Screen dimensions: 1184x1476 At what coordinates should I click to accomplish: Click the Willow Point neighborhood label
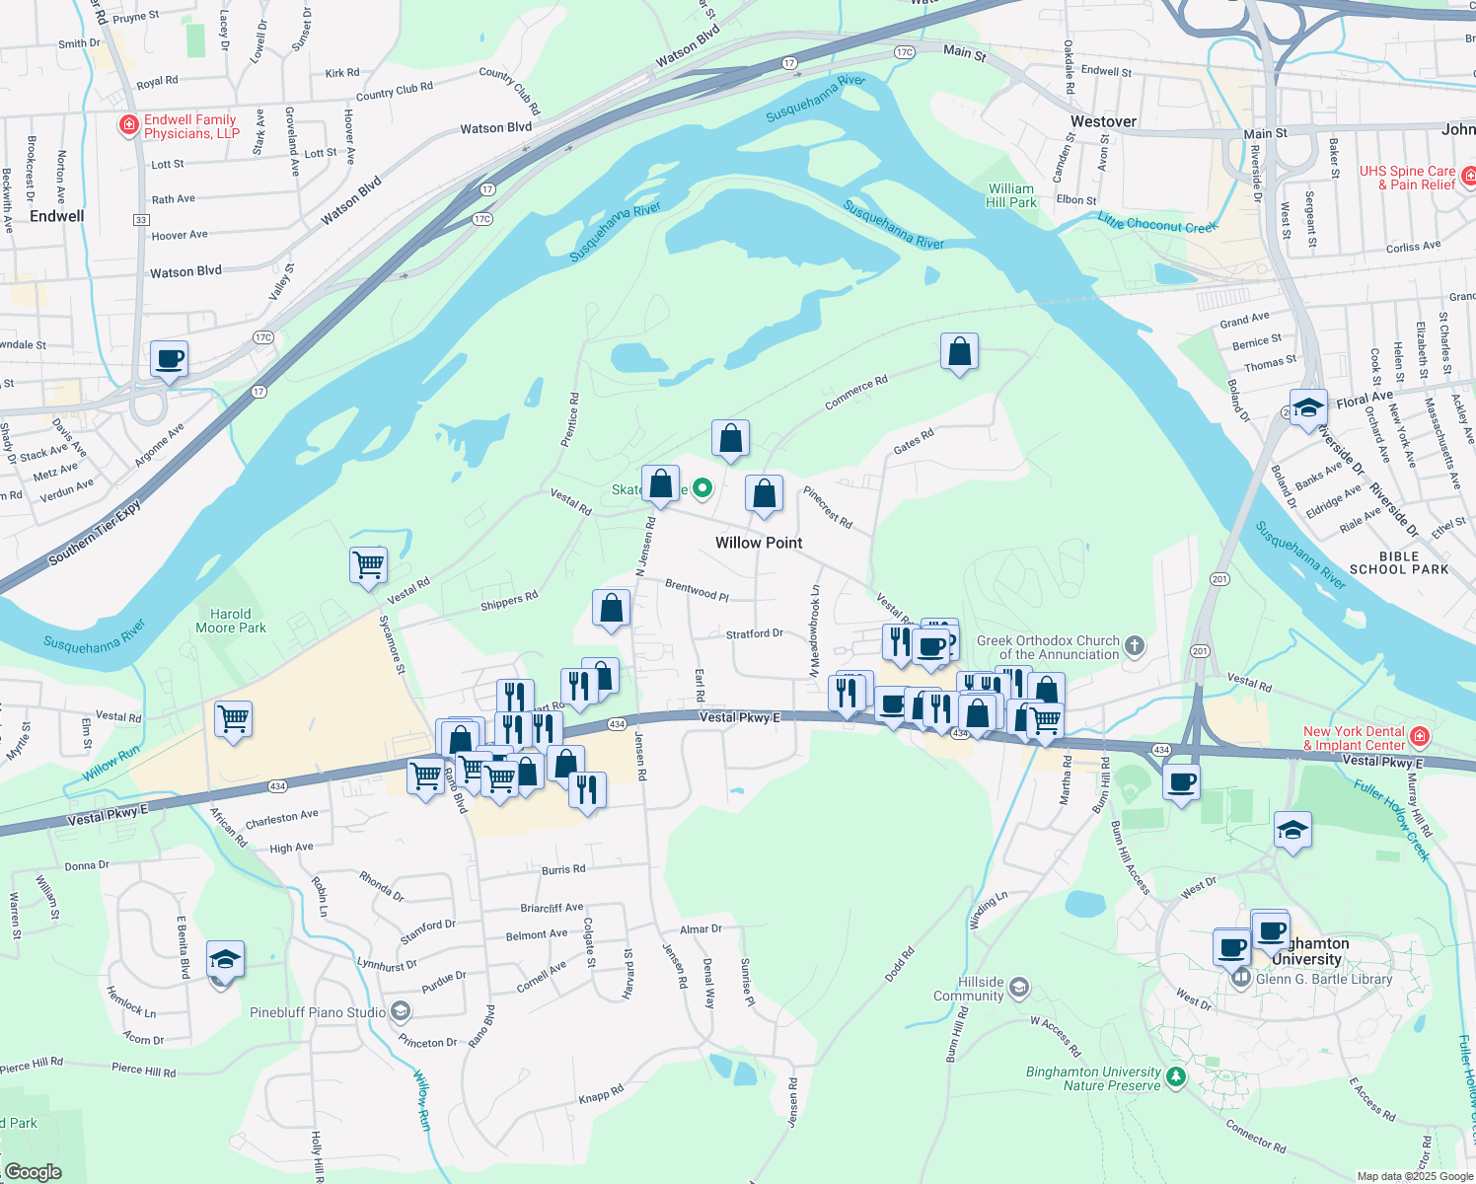click(759, 543)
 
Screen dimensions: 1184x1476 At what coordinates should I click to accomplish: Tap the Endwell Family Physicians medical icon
click(128, 125)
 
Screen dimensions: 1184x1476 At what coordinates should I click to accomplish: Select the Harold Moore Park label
click(231, 621)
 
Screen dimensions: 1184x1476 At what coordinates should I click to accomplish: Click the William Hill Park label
click(1011, 195)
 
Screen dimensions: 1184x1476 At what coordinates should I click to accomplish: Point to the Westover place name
click(1103, 121)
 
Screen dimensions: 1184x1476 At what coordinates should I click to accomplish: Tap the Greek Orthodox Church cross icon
click(1135, 646)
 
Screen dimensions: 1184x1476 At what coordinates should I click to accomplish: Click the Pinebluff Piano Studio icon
click(400, 1011)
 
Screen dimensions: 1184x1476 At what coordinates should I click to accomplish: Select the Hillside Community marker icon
click(1019, 988)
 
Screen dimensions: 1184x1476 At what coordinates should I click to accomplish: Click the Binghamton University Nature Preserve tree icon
click(1175, 1076)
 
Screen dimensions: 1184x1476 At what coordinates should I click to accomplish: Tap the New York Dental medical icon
click(1419, 736)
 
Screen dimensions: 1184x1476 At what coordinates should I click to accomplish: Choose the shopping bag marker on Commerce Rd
click(959, 352)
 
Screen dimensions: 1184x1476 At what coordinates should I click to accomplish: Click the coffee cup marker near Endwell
click(170, 359)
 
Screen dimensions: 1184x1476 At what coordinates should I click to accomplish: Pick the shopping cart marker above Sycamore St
click(368, 565)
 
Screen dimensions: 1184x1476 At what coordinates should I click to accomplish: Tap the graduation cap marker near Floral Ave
click(1308, 407)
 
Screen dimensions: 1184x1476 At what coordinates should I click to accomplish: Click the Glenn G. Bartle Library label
click(1324, 979)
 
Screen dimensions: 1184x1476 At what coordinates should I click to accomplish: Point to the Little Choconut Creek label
click(1157, 225)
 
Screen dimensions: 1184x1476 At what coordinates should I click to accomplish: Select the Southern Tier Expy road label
click(95, 533)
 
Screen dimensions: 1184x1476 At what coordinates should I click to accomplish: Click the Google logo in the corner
click(33, 1172)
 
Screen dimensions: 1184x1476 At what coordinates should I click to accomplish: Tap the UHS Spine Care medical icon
click(1469, 177)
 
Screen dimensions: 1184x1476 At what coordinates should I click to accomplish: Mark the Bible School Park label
click(1399, 563)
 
